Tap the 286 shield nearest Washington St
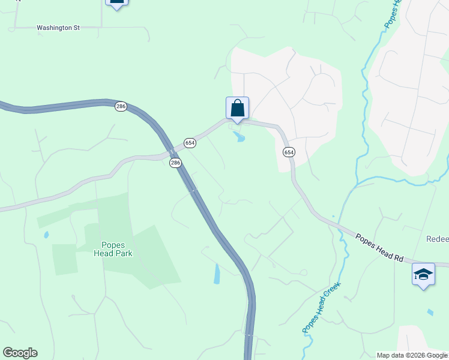point(121,106)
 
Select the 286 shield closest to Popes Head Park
point(175,163)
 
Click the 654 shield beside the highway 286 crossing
point(190,142)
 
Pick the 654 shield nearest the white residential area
point(289,152)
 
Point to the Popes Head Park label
point(113,249)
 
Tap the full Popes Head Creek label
point(321,307)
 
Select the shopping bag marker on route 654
point(237,109)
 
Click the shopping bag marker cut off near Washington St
point(117,2)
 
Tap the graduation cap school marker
point(423,275)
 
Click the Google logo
point(20,353)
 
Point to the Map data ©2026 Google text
point(412,355)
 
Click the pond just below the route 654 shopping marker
point(240,138)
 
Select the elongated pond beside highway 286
point(217,274)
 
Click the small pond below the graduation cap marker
point(430,313)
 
